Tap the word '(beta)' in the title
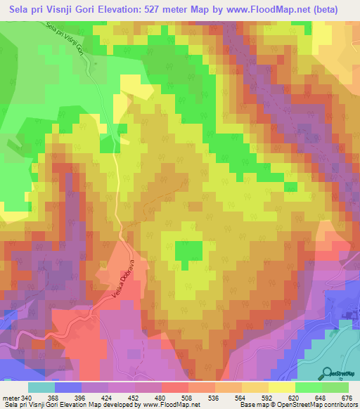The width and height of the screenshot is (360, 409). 323,10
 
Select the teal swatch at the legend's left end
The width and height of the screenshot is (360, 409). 41,387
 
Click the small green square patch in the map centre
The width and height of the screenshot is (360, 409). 188,250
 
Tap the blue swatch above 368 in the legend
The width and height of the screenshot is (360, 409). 68,387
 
